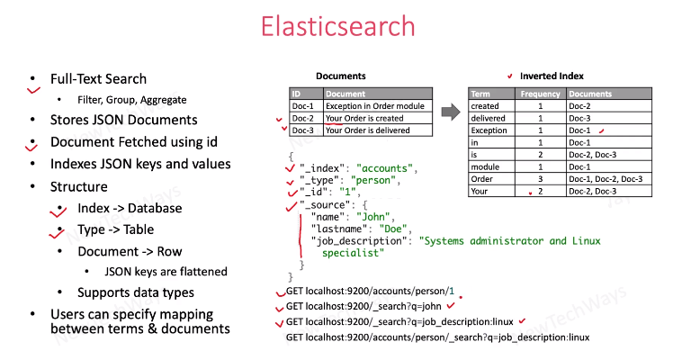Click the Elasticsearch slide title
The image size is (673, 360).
point(338,27)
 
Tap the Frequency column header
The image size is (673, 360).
point(541,94)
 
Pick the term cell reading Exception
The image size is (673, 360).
point(490,130)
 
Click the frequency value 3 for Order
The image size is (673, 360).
point(541,178)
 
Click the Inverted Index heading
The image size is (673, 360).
point(552,76)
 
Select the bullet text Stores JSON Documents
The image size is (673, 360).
point(123,120)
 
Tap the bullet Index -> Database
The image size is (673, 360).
point(130,209)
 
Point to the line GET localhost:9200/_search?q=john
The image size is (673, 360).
point(363,307)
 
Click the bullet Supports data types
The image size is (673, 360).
point(136,292)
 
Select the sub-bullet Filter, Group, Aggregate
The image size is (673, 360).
point(131,99)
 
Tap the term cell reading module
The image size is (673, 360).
point(486,166)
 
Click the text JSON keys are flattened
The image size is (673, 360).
point(166,271)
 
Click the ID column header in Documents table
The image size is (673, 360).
point(298,94)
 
